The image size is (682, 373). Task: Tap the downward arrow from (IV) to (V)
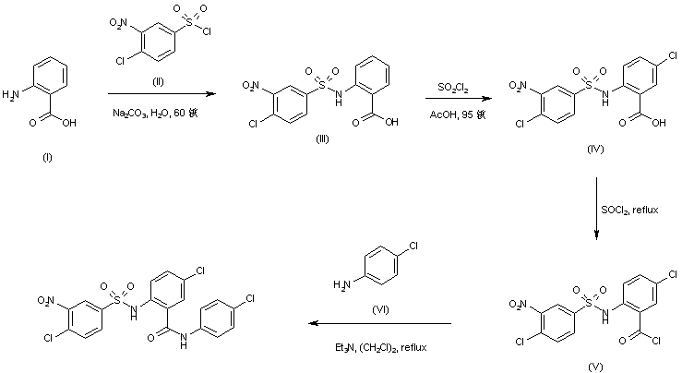(596, 212)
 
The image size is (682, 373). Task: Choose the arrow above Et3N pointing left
(379, 324)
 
